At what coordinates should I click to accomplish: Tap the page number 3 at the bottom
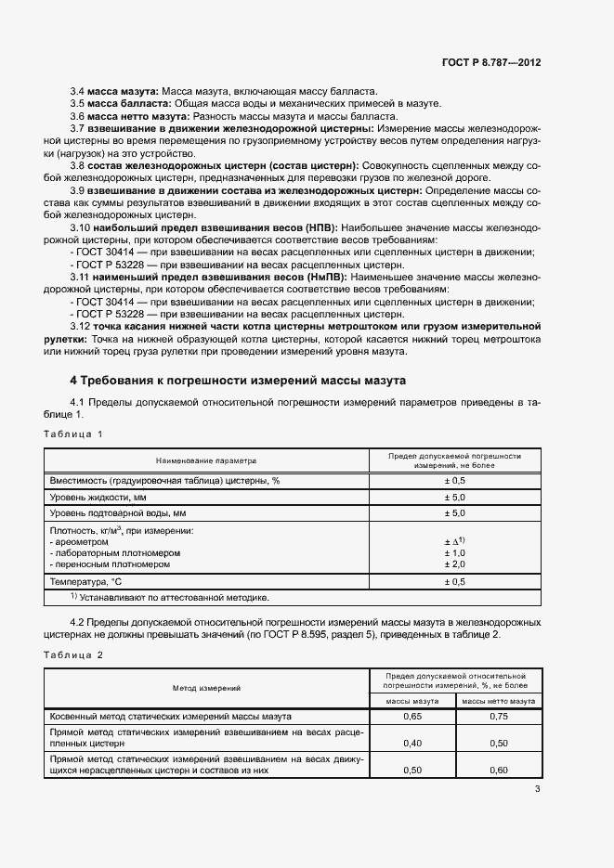pos(537,790)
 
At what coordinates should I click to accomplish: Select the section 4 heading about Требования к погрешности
pos(239,381)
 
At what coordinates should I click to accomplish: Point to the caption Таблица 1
pos(73,434)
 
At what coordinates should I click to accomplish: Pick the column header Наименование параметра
pos(206,460)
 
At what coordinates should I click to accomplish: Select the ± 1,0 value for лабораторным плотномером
pos(454,552)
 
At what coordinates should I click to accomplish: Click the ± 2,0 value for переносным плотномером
pos(454,564)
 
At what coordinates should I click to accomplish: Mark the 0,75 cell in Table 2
pos(498,717)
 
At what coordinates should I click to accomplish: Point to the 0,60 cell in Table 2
pos(498,771)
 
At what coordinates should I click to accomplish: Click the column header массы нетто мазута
pos(498,702)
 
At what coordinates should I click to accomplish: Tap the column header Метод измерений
pos(206,688)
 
